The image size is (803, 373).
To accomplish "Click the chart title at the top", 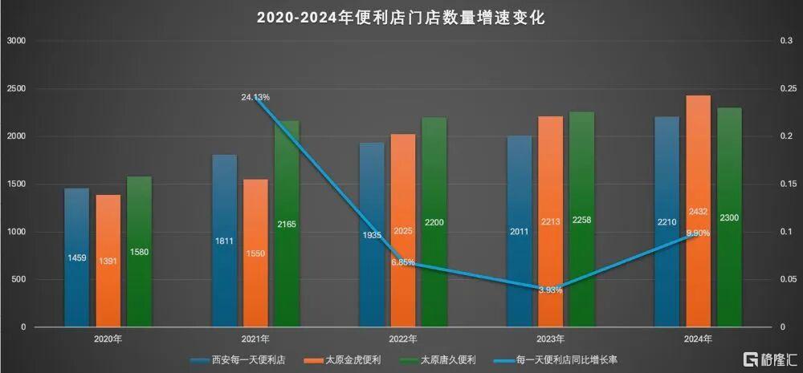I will coord(401,17).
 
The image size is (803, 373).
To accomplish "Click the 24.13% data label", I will coord(255,97).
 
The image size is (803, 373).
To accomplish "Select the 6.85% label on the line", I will coord(403,262).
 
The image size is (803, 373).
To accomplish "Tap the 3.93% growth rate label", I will coord(550,290).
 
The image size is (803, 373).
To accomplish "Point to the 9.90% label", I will coord(697,233).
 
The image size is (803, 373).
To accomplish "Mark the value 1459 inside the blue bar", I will coord(77,258).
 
